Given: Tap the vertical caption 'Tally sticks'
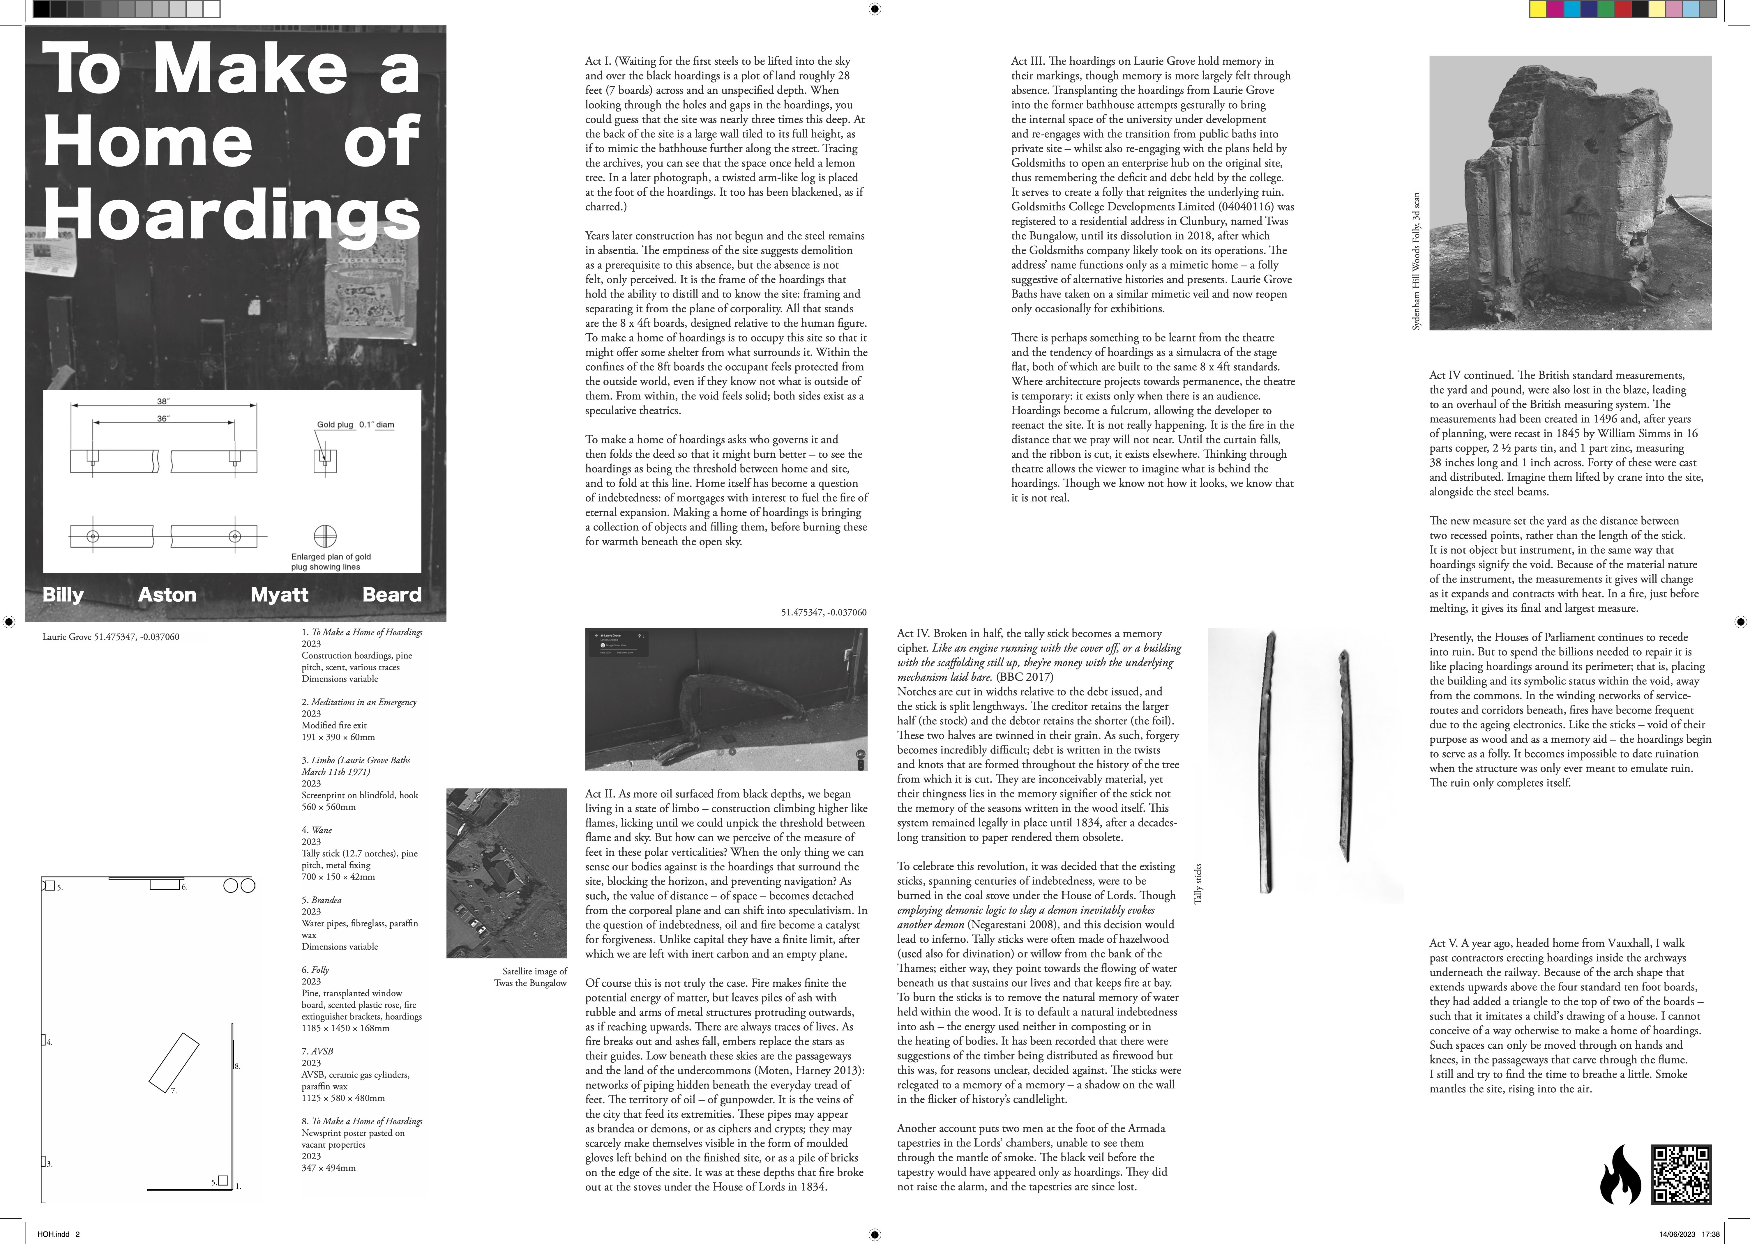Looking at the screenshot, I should [x=1198, y=883].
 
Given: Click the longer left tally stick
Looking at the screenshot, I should [x=1266, y=762].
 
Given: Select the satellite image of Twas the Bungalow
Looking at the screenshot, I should [x=506, y=873].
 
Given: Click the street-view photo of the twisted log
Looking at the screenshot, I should [x=725, y=699].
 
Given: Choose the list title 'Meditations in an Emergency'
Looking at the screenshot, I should [x=364, y=702].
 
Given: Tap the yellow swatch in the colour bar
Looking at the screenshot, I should [x=1537, y=9].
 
